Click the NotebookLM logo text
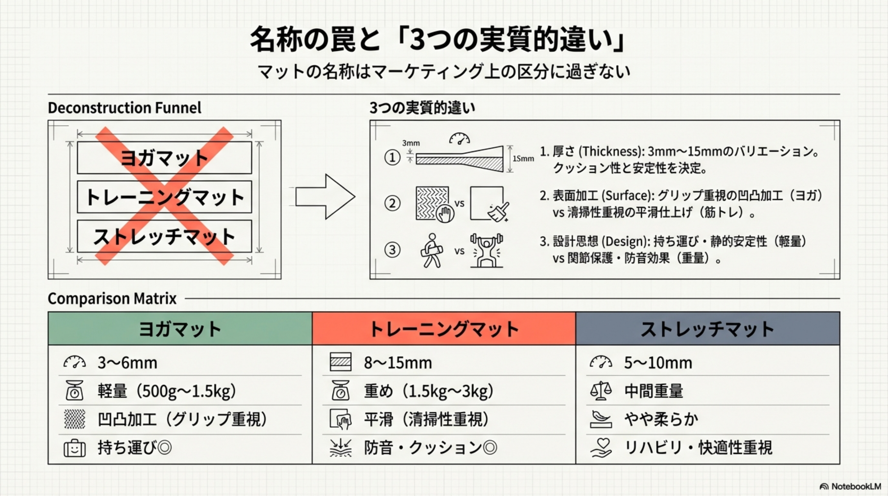tap(855, 486)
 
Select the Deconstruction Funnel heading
tap(124, 108)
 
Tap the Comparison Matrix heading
tap(112, 299)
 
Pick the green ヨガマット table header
tap(180, 329)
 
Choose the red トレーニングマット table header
tap(444, 329)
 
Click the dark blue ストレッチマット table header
tap(707, 329)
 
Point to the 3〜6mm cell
tap(127, 363)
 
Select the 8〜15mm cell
tap(398, 363)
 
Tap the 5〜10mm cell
tap(658, 363)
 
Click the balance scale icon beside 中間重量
tap(600, 391)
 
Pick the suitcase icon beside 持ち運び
tap(75, 448)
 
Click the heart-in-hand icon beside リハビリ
tap(601, 448)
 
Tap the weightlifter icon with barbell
tap(487, 250)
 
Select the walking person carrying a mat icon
tap(431, 250)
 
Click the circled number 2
tap(392, 203)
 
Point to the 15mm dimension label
tap(523, 159)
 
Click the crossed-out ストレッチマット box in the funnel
tap(164, 236)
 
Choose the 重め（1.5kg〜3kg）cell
tap(428, 391)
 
